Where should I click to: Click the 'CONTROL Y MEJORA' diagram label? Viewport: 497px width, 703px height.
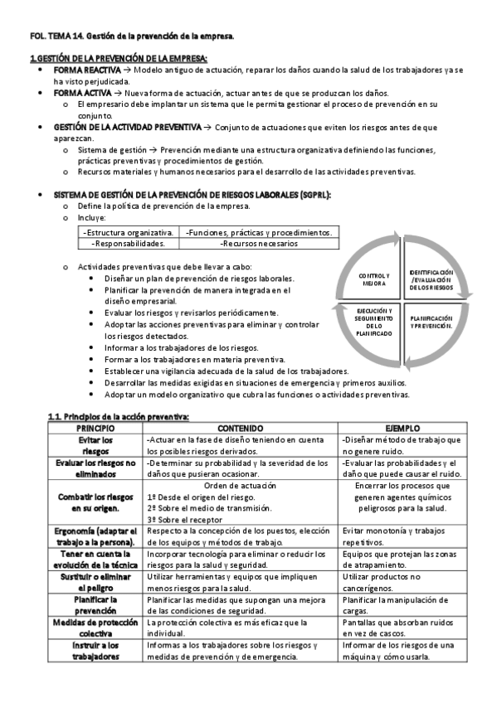pyautogui.click(x=374, y=279)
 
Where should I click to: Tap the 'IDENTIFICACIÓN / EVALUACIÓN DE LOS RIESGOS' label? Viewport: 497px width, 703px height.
pyautogui.click(x=431, y=279)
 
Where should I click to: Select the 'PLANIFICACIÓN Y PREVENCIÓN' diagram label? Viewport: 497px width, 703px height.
pyautogui.click(x=431, y=322)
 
